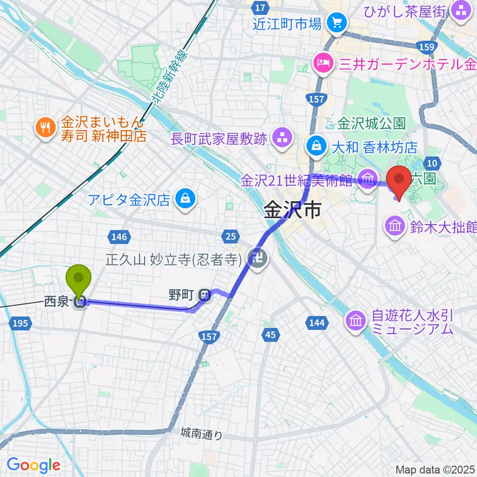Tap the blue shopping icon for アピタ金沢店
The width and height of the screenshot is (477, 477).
pos(185,200)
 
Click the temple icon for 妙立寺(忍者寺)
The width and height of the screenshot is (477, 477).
pos(259,258)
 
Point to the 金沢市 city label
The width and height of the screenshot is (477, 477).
pos(292,211)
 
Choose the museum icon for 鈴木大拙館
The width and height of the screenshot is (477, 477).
pos(395,227)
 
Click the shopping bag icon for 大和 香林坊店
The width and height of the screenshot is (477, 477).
pos(316,146)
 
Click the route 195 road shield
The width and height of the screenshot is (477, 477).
pos(20,323)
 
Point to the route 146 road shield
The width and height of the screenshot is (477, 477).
pos(120,237)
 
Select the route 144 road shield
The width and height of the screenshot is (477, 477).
pos(317,323)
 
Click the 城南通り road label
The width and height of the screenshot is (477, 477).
pos(202,434)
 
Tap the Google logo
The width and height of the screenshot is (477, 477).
pos(33,465)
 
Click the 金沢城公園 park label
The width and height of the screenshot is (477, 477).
pos(372,122)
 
